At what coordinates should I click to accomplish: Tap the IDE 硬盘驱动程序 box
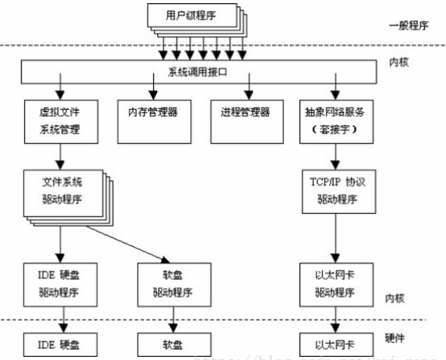tap(58, 280)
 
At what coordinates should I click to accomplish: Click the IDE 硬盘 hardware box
tap(58, 343)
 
